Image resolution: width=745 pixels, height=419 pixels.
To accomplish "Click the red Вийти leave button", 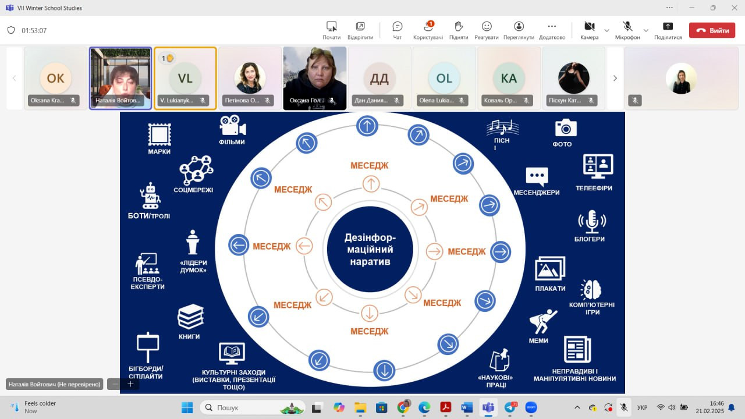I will click(x=712, y=30).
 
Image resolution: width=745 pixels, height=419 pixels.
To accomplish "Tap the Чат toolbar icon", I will click(x=398, y=27).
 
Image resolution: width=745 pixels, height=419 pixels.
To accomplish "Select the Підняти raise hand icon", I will click(x=459, y=27).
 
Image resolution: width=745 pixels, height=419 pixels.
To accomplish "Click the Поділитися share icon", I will click(x=668, y=27).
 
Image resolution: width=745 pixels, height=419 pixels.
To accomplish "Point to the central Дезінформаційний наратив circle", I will click(x=370, y=250).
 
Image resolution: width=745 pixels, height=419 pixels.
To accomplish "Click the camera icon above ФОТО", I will click(x=565, y=127).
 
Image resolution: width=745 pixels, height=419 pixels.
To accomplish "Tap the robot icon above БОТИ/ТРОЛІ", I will click(x=150, y=196).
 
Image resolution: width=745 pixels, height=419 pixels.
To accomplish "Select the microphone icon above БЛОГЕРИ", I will click(x=591, y=222).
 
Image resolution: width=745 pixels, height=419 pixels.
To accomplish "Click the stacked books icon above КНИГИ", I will click(x=190, y=317).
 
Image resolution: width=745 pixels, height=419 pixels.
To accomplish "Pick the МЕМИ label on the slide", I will click(x=538, y=340).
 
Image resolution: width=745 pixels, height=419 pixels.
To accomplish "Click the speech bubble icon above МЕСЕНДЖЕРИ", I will click(x=537, y=176).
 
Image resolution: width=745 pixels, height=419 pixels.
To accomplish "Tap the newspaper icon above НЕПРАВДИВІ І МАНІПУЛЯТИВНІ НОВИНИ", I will click(x=577, y=350).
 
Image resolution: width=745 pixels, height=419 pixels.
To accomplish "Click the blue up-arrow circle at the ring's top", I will click(x=367, y=125).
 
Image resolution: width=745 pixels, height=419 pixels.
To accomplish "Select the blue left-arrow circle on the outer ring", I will click(x=239, y=245).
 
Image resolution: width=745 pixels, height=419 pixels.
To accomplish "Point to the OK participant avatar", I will click(x=55, y=78).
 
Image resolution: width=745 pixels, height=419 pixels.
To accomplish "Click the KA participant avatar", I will click(x=509, y=78).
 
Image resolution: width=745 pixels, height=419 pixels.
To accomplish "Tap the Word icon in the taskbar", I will click(x=467, y=407).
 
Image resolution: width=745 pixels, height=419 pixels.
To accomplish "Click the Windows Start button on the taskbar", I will click(x=187, y=407).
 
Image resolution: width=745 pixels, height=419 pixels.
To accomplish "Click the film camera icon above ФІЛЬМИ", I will click(x=232, y=126).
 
